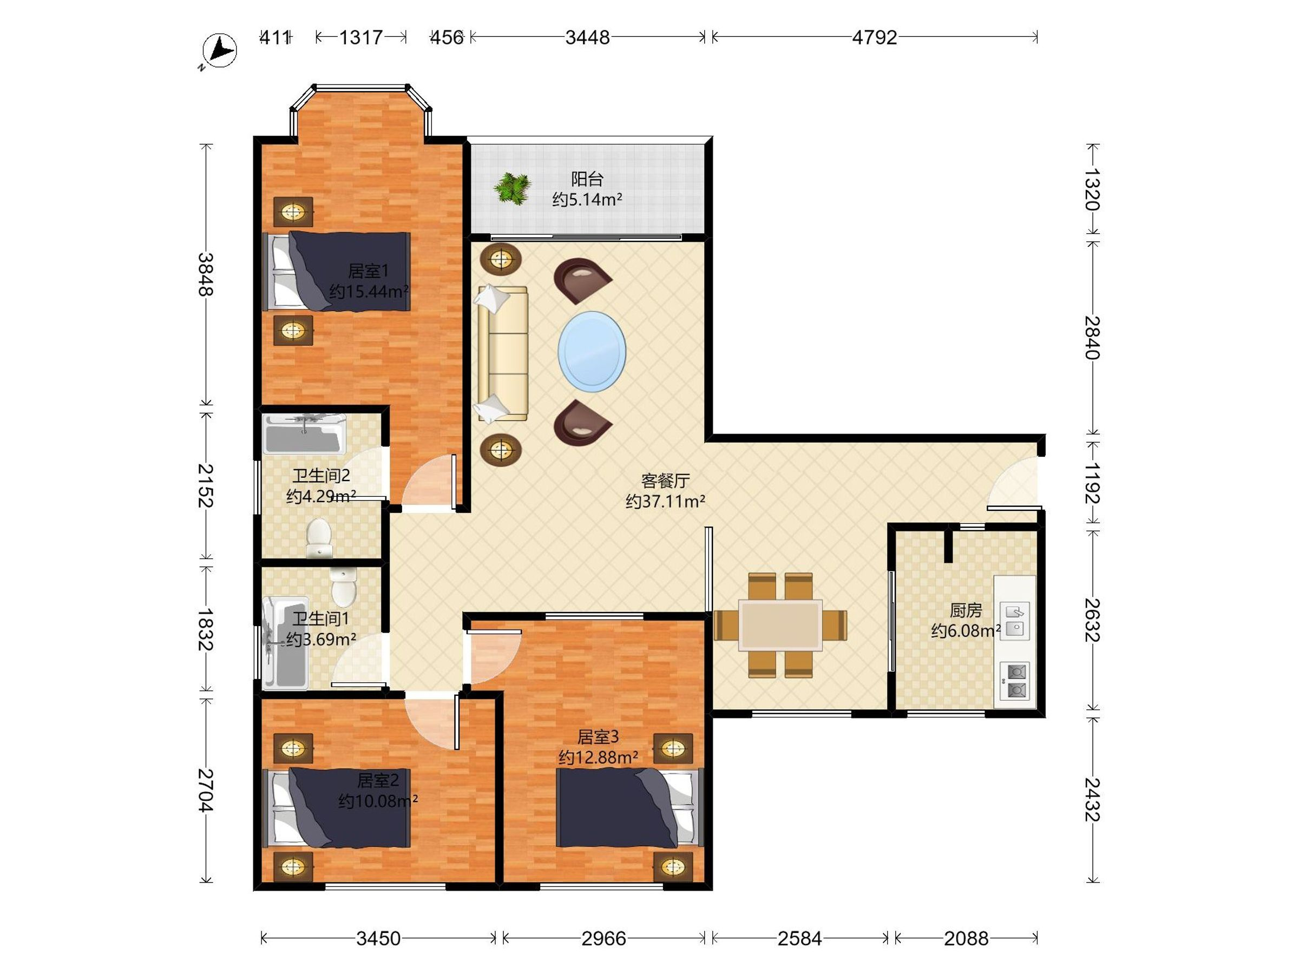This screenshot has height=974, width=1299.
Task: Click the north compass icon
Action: click(219, 51)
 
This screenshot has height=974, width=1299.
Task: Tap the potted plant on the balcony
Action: click(513, 188)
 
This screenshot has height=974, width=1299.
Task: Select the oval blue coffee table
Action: click(592, 352)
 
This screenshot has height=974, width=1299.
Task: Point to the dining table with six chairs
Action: click(780, 626)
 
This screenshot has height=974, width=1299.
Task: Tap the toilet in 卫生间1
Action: click(344, 586)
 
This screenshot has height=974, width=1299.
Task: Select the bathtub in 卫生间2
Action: click(304, 435)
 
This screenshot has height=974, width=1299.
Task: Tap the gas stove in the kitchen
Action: click(1015, 681)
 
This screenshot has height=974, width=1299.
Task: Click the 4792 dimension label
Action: click(875, 37)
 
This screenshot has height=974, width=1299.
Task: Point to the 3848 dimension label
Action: click(205, 274)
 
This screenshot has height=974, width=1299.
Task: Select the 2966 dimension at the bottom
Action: click(603, 938)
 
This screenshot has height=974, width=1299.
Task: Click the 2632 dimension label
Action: click(1092, 621)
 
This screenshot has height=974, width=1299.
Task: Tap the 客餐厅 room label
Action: click(665, 481)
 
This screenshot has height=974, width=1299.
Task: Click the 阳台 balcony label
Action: click(587, 179)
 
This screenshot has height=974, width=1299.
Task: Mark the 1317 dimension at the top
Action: click(361, 37)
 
